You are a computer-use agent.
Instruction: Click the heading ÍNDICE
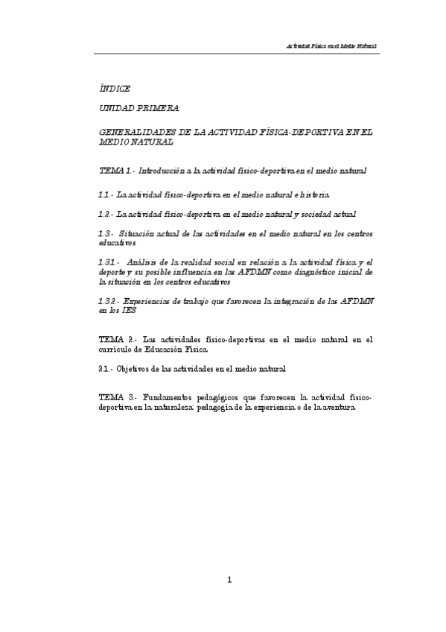point(114,89)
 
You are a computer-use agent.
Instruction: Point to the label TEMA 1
point(114,171)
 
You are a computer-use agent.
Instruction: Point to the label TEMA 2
point(115,340)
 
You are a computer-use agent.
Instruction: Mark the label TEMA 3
point(115,398)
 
